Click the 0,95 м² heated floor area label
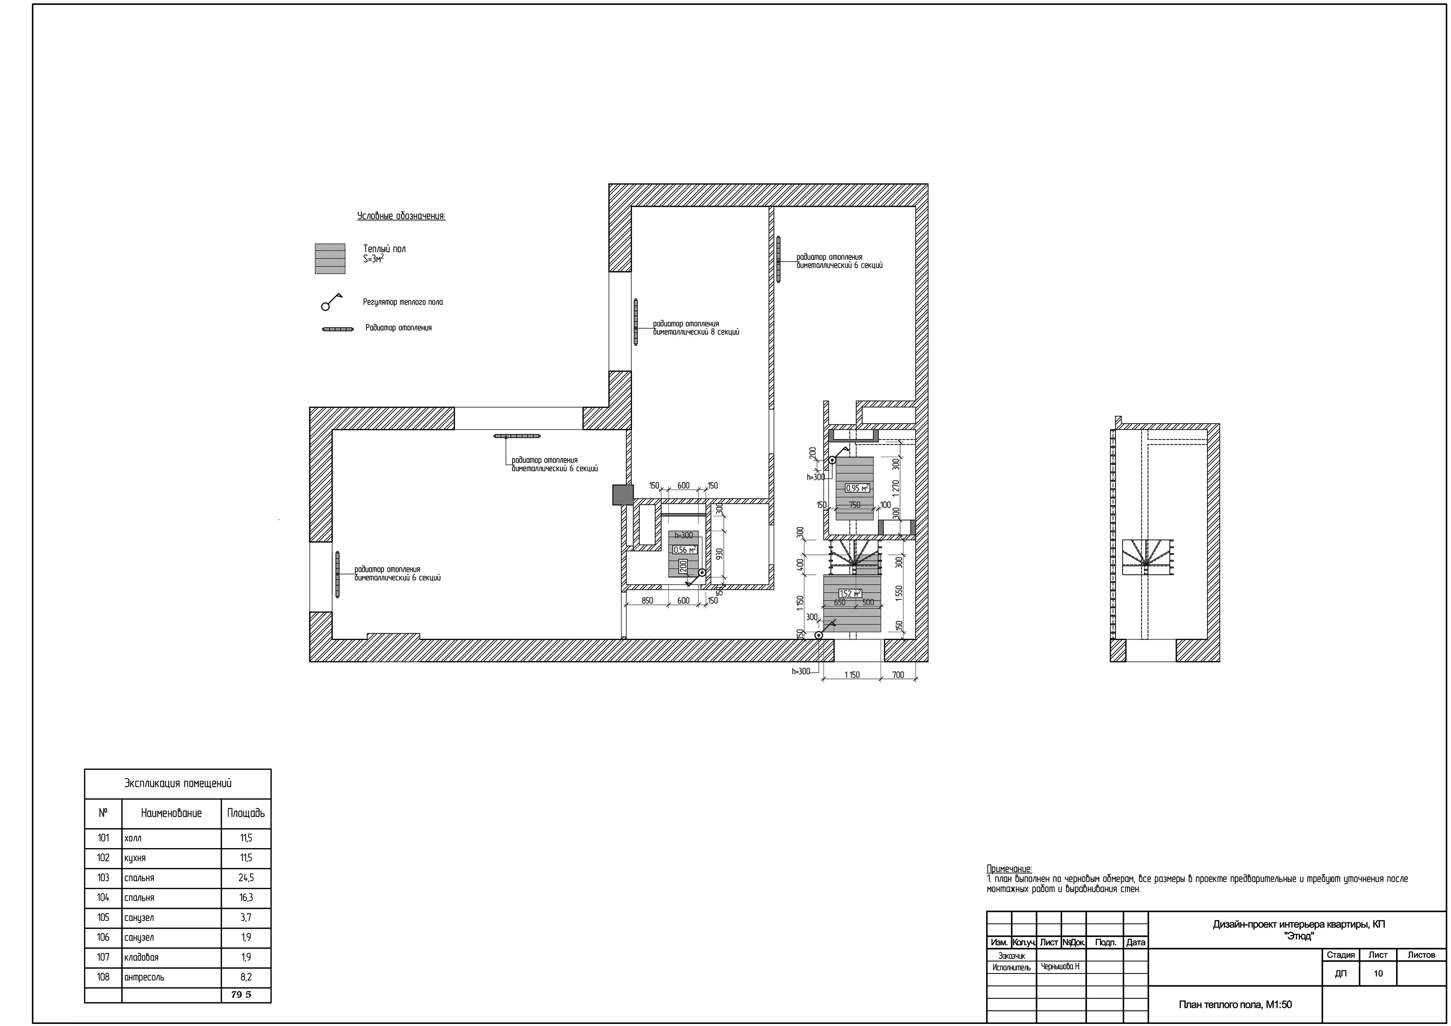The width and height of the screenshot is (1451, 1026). pos(857,488)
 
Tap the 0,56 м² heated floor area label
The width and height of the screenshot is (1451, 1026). pos(685,550)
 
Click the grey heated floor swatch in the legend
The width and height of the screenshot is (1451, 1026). pos(330,259)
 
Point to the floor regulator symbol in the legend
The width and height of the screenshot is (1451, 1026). pos(331,302)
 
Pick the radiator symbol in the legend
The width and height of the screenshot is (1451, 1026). pos(338,329)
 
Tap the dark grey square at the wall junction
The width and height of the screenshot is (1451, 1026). pos(623,495)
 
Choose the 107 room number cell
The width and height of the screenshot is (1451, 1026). pos(103,957)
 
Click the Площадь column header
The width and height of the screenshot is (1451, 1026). pos(246,813)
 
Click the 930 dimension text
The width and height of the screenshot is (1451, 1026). pos(719,554)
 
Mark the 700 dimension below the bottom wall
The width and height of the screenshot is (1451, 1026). pos(898,674)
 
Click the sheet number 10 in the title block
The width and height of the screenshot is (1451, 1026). pos(1378,973)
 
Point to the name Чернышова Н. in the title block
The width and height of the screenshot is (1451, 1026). pos(1061,967)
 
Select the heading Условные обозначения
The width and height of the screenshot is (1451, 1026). pos(401,216)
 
